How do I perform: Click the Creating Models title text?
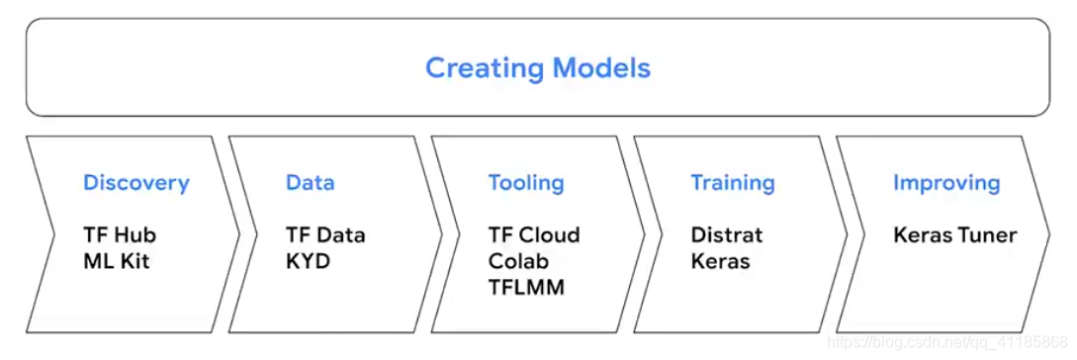[x=538, y=68]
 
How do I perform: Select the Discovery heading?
[x=136, y=183]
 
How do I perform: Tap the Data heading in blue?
[x=311, y=183]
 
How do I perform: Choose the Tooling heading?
[x=526, y=183]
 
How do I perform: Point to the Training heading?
[x=733, y=183]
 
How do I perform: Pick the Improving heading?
[x=946, y=183]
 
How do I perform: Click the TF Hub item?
[x=120, y=235]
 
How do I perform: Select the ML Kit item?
[x=116, y=261]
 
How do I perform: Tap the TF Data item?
[x=325, y=235]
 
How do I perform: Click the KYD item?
[x=309, y=261]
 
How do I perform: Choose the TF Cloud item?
[x=534, y=235]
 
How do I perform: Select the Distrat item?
[x=727, y=235]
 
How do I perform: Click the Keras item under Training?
[x=721, y=261]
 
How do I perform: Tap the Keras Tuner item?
[x=954, y=235]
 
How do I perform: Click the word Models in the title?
[x=601, y=68]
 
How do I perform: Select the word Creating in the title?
[x=485, y=68]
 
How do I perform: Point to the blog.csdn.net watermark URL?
[x=947, y=341]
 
